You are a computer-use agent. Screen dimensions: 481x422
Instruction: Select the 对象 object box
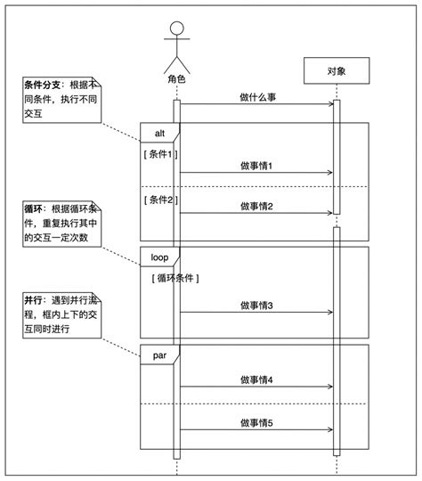coord(336,69)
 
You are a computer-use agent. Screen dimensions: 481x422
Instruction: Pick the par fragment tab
coord(159,354)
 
